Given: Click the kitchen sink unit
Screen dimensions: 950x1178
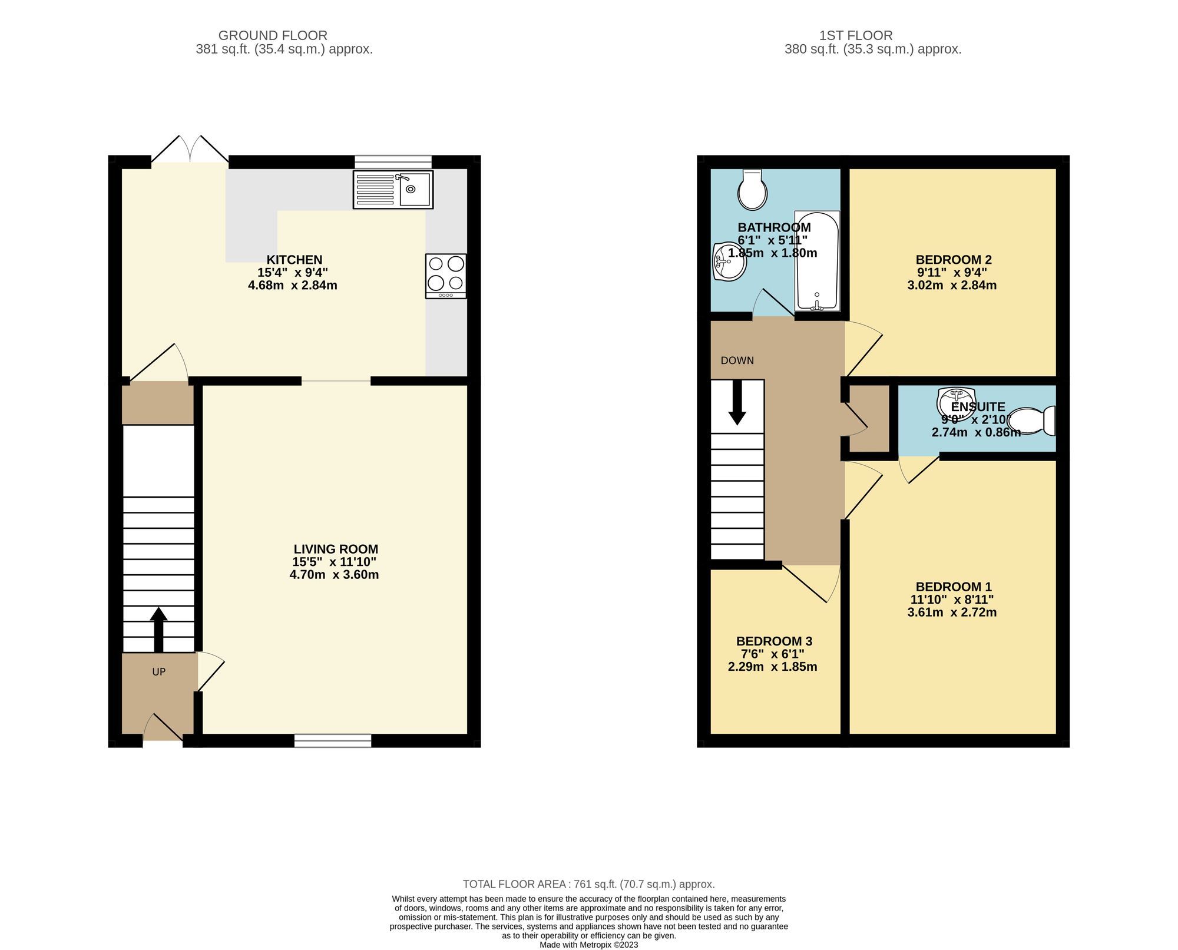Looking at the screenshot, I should [393, 189].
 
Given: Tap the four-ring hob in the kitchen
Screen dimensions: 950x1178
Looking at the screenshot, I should [446, 276].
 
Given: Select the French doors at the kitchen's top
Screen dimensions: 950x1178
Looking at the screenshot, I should [190, 150].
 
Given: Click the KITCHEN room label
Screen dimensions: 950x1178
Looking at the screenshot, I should [294, 260].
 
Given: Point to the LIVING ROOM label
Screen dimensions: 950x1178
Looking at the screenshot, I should [336, 549].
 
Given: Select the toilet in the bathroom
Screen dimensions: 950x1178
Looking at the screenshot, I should [752, 189].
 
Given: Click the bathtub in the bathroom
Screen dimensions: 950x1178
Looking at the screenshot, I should [816, 261].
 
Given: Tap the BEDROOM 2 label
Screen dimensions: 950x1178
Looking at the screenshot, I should [954, 260].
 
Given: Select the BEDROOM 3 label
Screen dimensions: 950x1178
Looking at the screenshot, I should [774, 641].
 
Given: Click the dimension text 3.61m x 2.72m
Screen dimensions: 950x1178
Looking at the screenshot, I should [952, 612].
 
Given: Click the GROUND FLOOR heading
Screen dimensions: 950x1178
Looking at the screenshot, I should [273, 35].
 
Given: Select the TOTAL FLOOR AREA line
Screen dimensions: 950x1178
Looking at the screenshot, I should [588, 883].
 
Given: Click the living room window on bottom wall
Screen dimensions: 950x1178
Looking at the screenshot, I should [333, 740].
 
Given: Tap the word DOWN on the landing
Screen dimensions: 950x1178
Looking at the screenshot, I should [737, 360].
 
